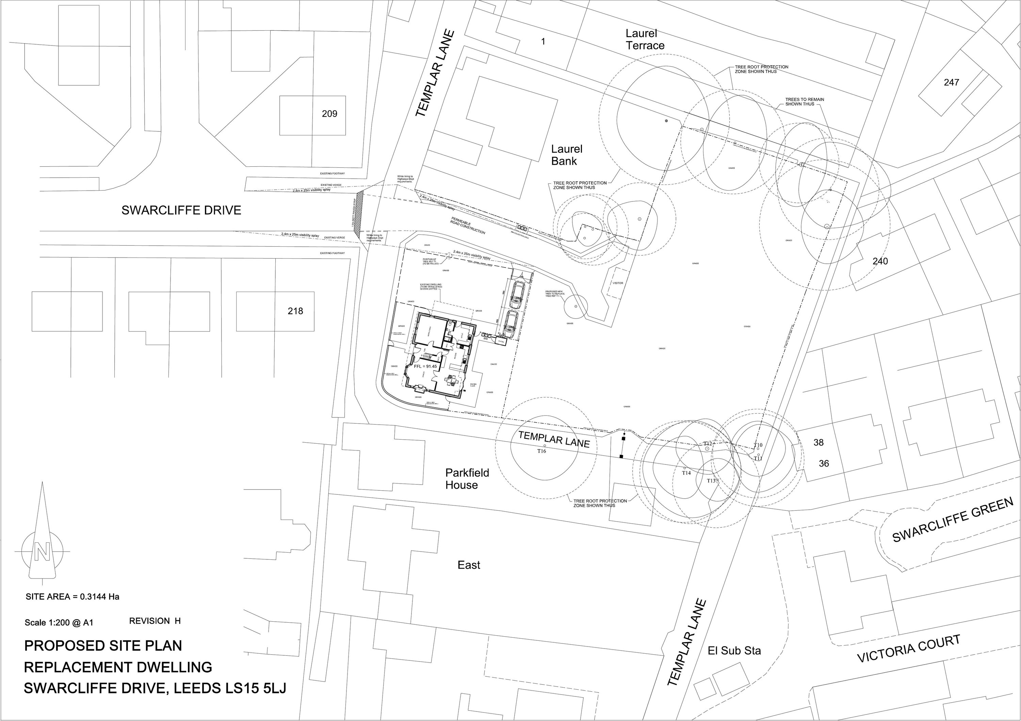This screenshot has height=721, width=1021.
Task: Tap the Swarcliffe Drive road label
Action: pos(181,210)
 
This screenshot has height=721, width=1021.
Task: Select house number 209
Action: pos(329,114)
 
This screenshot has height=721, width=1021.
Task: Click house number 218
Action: pos(295,311)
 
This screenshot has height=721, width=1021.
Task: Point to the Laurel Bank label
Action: pos(567,155)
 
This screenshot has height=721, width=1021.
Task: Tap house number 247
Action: pos(952,82)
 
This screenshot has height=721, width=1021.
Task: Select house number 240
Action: pos(880,261)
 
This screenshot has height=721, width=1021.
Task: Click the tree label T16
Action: pos(541,451)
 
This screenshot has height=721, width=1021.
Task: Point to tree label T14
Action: pos(686,473)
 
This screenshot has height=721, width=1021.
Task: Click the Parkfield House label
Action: pos(467,479)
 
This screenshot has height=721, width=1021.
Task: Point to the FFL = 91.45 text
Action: pos(425,366)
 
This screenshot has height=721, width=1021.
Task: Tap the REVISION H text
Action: pos(155,621)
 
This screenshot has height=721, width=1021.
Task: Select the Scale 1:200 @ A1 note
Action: pos(59,623)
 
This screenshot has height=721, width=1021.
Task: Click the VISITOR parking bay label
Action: pos(618,283)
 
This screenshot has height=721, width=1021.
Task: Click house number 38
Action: pos(819,442)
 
